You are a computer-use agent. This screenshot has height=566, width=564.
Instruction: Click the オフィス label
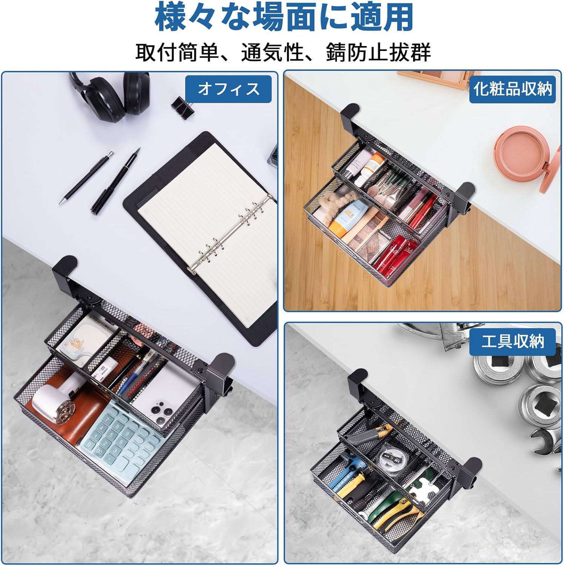(x=228, y=89)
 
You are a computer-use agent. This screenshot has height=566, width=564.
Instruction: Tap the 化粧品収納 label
(x=512, y=89)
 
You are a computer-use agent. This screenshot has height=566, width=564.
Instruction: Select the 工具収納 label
(x=512, y=341)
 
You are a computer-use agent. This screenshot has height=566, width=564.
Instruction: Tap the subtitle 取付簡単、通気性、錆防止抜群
(x=283, y=52)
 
